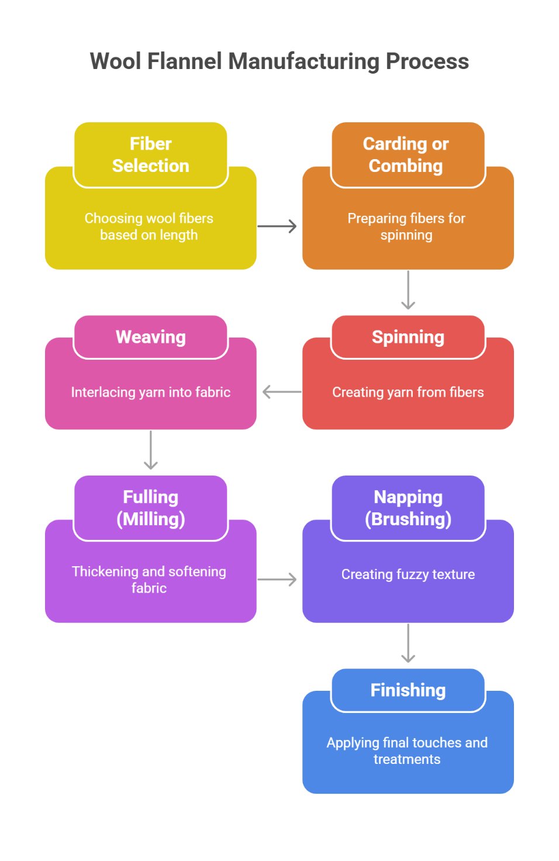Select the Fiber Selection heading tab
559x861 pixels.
(x=151, y=155)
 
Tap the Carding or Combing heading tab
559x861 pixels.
(x=408, y=155)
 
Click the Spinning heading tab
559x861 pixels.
(x=408, y=337)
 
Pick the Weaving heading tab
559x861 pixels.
(x=151, y=337)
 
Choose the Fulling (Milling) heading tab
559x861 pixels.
(x=151, y=508)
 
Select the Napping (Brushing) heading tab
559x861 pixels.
(x=408, y=508)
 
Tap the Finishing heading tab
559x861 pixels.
(x=408, y=691)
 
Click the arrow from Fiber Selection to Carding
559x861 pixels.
(x=277, y=226)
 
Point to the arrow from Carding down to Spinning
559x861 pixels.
(x=408, y=290)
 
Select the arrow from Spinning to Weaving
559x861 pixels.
(x=282, y=392)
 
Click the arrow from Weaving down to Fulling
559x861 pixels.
(x=151, y=450)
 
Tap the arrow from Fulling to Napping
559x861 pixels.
(x=277, y=580)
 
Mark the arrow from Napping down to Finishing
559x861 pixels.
(x=408, y=643)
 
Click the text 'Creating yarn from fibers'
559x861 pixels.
(x=408, y=392)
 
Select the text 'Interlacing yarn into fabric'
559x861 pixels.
(x=151, y=392)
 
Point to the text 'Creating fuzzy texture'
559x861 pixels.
(x=408, y=574)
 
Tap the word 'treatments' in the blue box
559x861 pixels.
(x=407, y=759)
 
